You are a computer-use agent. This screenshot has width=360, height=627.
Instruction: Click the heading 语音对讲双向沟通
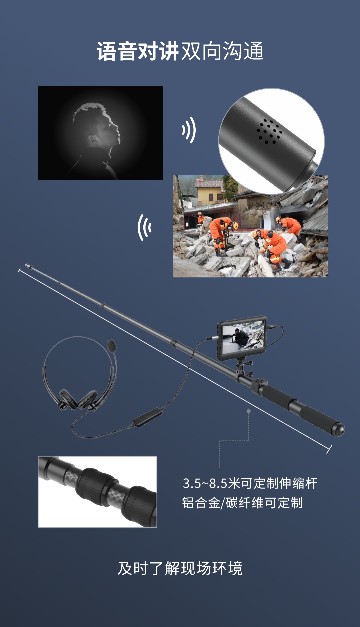pyautogui.click(x=180, y=51)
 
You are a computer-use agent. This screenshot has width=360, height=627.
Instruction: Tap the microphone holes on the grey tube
pyautogui.click(x=269, y=131)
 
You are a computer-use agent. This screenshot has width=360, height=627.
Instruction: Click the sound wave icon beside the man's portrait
pyautogui.click(x=189, y=130)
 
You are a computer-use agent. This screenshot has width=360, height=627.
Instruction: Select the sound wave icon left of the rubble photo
pyautogui.click(x=145, y=227)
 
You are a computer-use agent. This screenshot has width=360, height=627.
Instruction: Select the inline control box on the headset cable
pyautogui.click(x=148, y=417)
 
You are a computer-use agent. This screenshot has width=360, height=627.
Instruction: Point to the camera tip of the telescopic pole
pyautogui.click(x=27, y=266)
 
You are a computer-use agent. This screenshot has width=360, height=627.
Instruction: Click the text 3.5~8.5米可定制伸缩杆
pyautogui.click(x=250, y=483)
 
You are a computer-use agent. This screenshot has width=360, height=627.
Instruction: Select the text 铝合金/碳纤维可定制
pyautogui.click(x=242, y=503)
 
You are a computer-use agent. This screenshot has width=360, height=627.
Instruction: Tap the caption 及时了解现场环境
pyautogui.click(x=180, y=568)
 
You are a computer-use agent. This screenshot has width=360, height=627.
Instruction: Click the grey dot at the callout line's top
pyautogui.click(x=248, y=411)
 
